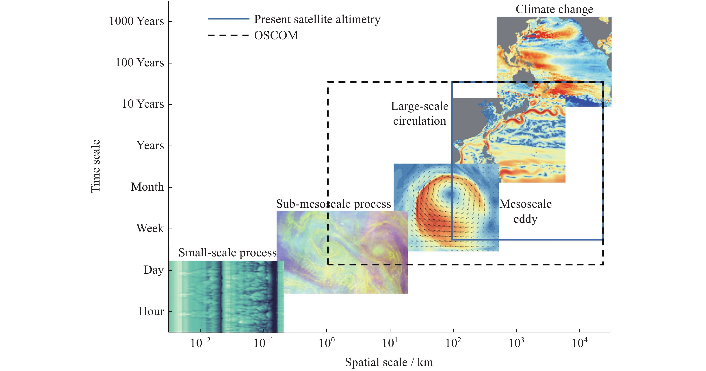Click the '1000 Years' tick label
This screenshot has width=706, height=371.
pos(136,21)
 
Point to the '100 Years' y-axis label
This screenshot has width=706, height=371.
pos(139,63)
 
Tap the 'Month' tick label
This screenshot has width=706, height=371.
pos(147,187)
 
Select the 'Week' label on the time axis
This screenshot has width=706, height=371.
pos(150,228)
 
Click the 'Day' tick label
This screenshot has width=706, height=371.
pos(154,270)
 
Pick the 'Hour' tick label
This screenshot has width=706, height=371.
pos(151,311)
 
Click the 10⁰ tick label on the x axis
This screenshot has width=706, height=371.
pos(327,343)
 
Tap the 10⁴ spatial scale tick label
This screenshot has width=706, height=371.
pos(580,343)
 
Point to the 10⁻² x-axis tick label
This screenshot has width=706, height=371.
pos(200,343)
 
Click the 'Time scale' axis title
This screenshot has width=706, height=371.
pos(96,166)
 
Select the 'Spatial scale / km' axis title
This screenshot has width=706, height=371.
pos(389,362)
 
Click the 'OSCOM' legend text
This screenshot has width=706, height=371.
pos(276,35)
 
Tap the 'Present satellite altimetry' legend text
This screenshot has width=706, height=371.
pos(317,20)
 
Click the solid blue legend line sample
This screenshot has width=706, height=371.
pos(229,19)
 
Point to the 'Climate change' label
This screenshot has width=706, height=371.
pos(554,9)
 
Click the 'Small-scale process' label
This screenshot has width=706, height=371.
pos(227,253)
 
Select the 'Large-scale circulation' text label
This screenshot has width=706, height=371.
pos(420,113)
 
